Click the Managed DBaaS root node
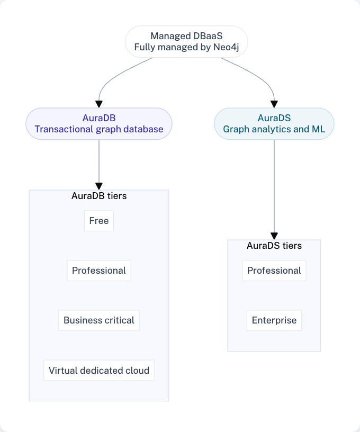186,41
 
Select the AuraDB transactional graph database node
99,123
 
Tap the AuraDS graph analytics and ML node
274,123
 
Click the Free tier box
99,221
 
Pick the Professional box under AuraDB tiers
99,271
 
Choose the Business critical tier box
99,320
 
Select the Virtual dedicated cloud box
99,370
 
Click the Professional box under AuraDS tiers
274,271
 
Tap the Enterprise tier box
274,320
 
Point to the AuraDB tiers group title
99,196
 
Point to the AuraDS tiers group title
274,246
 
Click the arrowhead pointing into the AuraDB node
99,104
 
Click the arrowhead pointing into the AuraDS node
274,104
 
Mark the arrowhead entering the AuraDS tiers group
274,236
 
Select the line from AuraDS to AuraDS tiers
274,185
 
